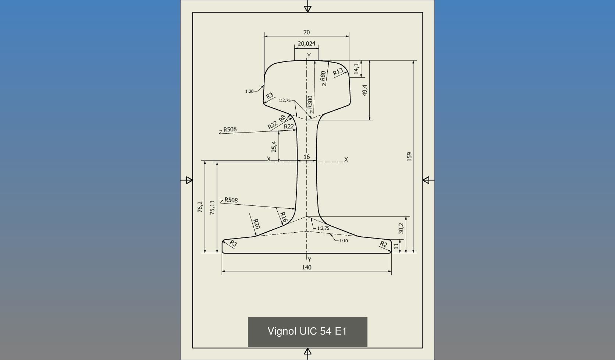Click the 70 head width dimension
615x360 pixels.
coord(306,32)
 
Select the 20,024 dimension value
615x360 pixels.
coord(306,43)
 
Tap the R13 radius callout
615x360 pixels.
coord(338,71)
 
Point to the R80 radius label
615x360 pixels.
coord(323,76)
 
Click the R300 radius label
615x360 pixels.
coord(310,102)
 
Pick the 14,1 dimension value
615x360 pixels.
coord(356,69)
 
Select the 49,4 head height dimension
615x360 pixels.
coord(365,90)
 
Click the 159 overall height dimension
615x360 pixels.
coord(409,156)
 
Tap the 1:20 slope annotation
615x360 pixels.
coord(249,91)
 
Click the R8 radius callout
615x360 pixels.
coord(282,119)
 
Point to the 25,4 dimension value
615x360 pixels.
coord(274,147)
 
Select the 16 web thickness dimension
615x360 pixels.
coord(306,157)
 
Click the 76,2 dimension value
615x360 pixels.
coord(200,207)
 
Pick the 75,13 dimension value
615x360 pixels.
coord(212,208)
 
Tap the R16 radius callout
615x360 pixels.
coord(283,217)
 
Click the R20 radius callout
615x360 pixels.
coord(257,224)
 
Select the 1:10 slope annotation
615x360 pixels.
coord(344,241)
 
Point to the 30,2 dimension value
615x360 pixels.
coord(401,228)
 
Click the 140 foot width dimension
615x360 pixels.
coord(306,267)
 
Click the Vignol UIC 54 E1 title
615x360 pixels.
coord(307,331)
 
